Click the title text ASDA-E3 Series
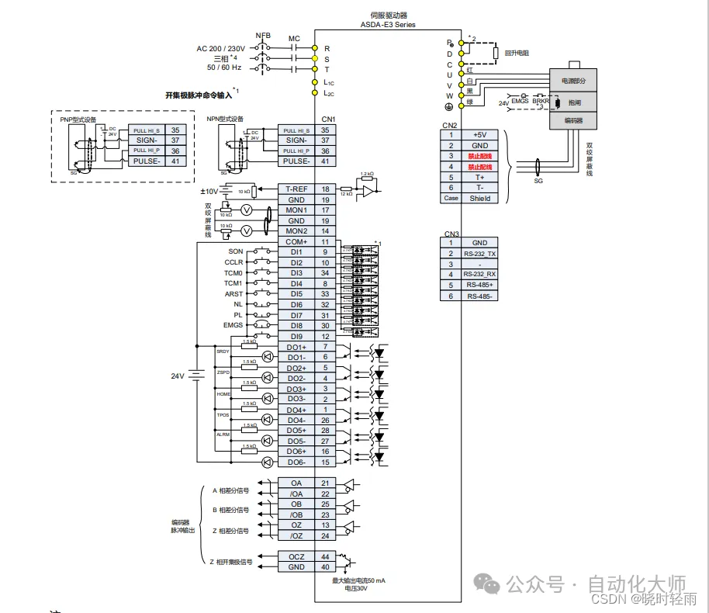tap(388, 25)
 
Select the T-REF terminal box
tap(296, 189)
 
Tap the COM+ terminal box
tap(296, 241)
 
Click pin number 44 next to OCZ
tap(325, 557)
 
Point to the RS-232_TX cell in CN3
tap(480, 253)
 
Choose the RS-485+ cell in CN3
tap(480, 285)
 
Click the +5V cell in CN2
tap(480, 135)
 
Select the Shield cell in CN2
tap(480, 198)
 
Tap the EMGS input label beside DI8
tap(233, 326)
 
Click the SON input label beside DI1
tap(236, 251)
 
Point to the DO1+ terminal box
tap(296, 347)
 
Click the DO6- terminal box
tap(296, 462)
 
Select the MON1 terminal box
tap(296, 210)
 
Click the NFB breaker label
tap(264, 36)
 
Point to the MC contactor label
tap(294, 38)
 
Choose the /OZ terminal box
tap(296, 536)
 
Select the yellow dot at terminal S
tap(315, 58)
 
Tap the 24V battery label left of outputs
tap(178, 376)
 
